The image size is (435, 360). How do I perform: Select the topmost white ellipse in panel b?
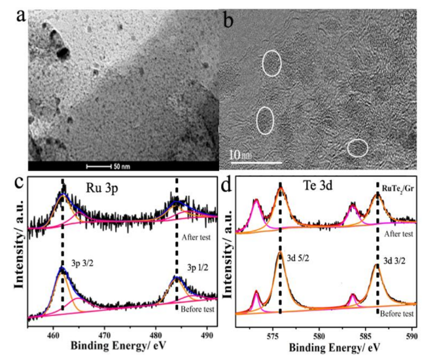[272, 63]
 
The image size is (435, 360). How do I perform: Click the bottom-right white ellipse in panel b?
[357, 148]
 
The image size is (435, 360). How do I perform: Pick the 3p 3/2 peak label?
[83, 270]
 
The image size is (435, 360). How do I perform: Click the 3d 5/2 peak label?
[298, 266]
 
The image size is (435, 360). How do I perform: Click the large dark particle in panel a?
[62, 52]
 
